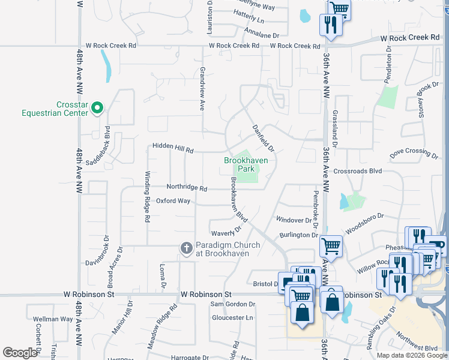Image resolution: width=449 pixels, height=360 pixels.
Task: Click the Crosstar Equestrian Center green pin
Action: point(97,108)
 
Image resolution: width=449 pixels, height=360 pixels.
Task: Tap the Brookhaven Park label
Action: point(246,164)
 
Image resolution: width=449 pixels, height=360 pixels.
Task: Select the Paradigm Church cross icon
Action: point(186,248)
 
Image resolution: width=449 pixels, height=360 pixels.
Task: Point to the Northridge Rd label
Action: point(187,188)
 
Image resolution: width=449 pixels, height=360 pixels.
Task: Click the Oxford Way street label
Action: point(173,201)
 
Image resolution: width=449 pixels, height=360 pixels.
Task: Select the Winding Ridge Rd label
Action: point(146,196)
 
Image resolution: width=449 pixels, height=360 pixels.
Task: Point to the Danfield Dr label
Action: point(262,137)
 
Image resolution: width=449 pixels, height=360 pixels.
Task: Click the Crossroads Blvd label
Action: point(358,171)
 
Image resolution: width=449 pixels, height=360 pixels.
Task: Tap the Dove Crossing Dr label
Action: point(414,154)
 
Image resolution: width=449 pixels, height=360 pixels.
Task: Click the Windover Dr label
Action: point(293,221)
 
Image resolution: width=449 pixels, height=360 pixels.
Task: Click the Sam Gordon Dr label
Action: point(232,304)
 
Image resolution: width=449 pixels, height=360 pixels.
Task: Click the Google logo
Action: point(19,353)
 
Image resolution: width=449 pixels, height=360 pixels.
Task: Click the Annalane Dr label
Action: point(262,35)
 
